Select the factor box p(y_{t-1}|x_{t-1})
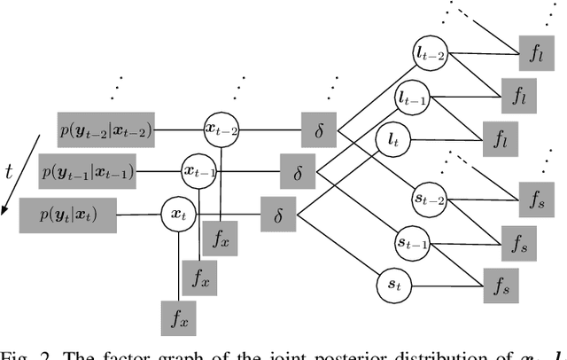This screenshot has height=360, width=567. (89, 173)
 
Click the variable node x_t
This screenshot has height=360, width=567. (176, 214)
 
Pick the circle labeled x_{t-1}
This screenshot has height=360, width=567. (199, 171)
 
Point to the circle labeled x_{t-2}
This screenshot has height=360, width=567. (221, 129)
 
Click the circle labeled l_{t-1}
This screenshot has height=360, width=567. (411, 99)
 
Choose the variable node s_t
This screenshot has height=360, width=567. (392, 286)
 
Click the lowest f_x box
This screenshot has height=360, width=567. (177, 316)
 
